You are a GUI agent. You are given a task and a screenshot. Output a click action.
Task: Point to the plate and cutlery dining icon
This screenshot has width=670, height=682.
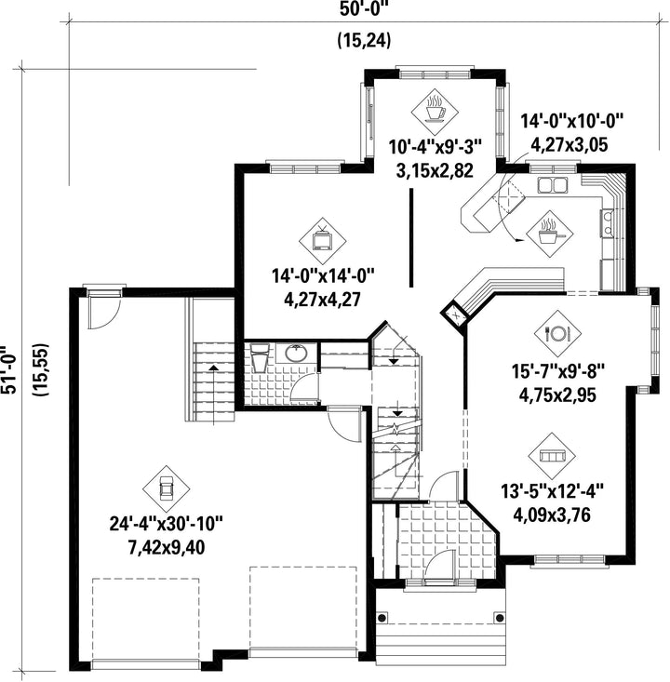[557, 334]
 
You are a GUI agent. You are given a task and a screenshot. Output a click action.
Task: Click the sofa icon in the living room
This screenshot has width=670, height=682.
[552, 456]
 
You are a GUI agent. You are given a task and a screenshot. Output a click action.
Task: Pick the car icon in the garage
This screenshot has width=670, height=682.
[167, 488]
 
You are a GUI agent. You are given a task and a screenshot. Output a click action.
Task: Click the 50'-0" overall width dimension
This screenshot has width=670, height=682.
[364, 9]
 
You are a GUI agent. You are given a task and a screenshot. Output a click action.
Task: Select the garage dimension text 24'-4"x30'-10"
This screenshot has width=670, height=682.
[166, 524]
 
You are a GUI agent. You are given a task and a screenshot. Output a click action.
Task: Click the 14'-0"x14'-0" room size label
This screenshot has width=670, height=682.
[323, 275]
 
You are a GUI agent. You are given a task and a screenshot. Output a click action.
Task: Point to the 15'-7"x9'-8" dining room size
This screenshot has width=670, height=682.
[558, 372]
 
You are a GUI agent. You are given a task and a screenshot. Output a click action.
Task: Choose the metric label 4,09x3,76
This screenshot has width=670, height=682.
[552, 515]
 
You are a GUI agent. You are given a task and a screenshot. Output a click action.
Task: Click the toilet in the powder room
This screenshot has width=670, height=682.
[261, 356]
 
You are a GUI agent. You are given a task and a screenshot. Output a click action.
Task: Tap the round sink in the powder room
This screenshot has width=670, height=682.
[296, 353]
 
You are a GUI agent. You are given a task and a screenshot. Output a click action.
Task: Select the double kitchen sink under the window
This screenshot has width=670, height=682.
[553, 185]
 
